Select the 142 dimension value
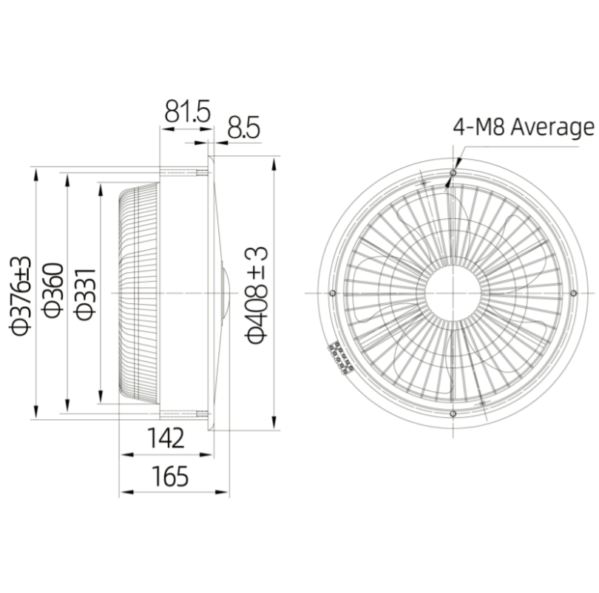pos(164,439)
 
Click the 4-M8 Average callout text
pos(523,127)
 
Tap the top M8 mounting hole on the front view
pos(452,172)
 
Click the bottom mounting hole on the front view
pos(452,414)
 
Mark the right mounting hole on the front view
pos(572,294)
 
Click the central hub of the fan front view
pos(452,294)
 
